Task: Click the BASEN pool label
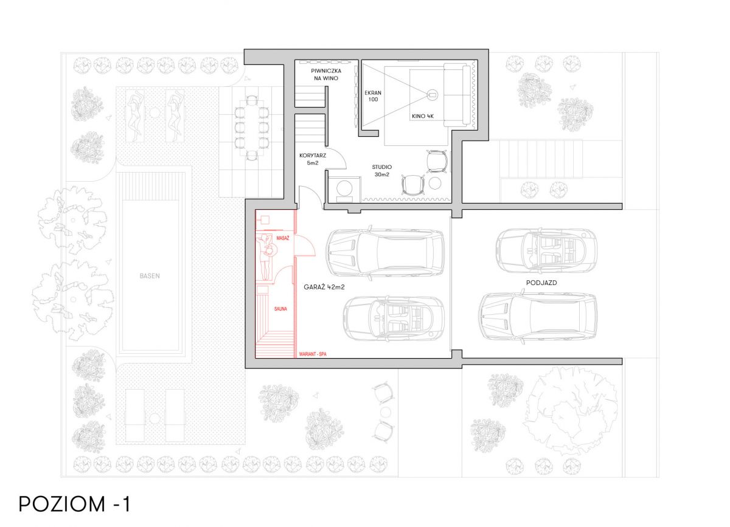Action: click(x=150, y=276)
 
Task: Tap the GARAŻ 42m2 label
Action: click(x=324, y=287)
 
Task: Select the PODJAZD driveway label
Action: click(x=541, y=283)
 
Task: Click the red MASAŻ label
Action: click(x=282, y=238)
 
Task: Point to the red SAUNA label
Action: click(x=280, y=309)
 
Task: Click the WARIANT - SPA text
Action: click(x=313, y=354)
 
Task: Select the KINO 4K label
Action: click(x=423, y=116)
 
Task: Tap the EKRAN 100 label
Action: click(x=373, y=96)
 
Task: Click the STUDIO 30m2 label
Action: click(x=382, y=171)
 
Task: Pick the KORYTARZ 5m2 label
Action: click(x=313, y=159)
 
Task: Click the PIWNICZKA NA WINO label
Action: click(x=326, y=75)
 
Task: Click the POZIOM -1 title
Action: click(x=75, y=504)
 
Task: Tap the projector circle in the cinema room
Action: click(x=433, y=95)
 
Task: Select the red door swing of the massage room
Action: click(x=305, y=246)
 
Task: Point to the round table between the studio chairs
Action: click(x=435, y=184)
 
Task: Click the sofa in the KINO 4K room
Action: click(x=457, y=95)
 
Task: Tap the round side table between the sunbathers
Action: click(x=155, y=112)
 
